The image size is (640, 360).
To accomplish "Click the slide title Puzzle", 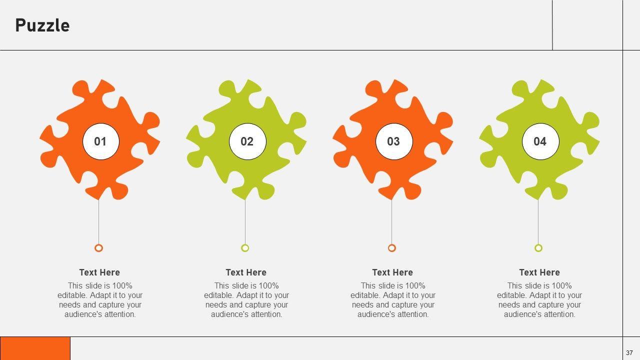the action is click(42, 25).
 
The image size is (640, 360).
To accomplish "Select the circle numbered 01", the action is click(100, 141).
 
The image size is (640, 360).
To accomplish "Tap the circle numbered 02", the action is click(247, 141).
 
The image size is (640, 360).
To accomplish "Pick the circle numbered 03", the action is click(393, 141).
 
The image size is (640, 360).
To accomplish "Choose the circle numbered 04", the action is click(540, 141).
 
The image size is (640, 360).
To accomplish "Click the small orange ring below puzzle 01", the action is click(98, 248).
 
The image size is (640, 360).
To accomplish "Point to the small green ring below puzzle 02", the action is click(245, 248).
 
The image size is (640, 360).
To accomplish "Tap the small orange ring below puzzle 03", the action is click(392, 248).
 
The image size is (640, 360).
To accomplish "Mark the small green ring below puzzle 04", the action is click(538, 248).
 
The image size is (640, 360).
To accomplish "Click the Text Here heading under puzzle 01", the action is click(99, 272).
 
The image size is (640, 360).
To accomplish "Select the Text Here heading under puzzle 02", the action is click(246, 272).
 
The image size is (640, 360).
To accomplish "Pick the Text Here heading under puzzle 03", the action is click(392, 272).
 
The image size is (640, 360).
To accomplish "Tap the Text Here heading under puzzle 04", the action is click(539, 272).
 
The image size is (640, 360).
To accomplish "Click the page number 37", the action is click(629, 352).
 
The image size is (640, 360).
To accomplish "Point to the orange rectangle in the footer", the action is click(35, 348).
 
